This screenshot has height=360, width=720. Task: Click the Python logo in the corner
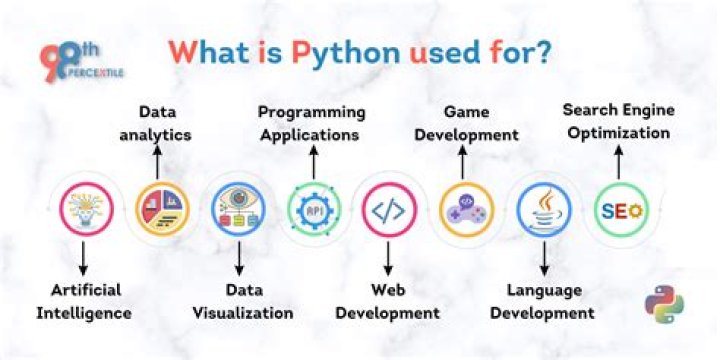[664, 306]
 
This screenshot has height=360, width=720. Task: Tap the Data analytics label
[164, 123]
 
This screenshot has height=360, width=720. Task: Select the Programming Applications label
[311, 121]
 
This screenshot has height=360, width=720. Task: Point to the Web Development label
[387, 301]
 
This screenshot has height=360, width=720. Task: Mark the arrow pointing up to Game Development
[463, 160]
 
